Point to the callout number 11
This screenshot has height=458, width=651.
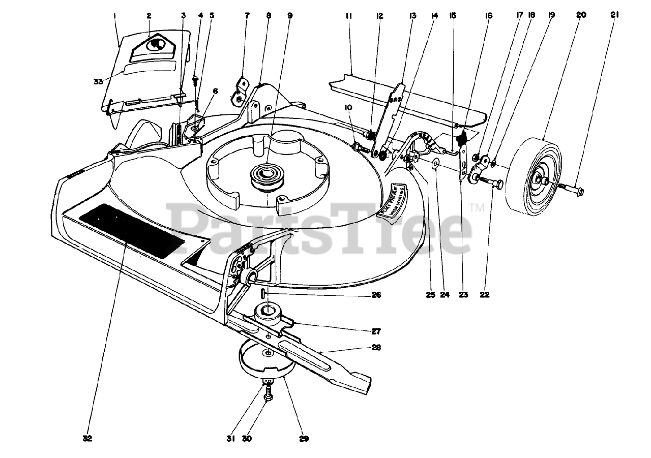tap(348, 16)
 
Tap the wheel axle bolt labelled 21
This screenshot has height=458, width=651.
tap(572, 191)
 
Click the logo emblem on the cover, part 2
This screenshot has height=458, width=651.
tap(155, 45)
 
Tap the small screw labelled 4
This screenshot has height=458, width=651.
tap(195, 79)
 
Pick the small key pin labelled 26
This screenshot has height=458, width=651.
tap(262, 294)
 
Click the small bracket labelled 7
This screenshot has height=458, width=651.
tap(241, 89)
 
